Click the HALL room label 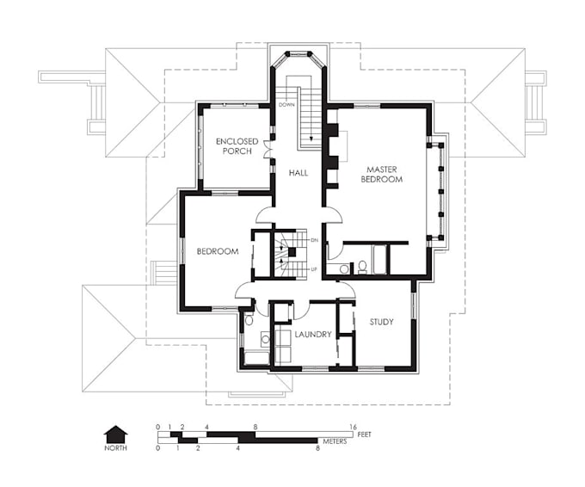click(299, 173)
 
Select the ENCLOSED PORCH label click(233, 145)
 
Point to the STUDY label click(381, 322)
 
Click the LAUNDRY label click(312, 334)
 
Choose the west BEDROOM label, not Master click(217, 251)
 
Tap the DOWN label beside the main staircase click(286, 105)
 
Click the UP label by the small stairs click(314, 269)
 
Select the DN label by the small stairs click(314, 239)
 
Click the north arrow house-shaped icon click(115, 432)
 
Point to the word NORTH click(115, 447)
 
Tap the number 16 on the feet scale click(353, 427)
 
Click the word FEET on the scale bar click(372, 434)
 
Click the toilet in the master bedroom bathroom click(344, 268)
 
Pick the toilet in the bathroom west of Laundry click(249, 319)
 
